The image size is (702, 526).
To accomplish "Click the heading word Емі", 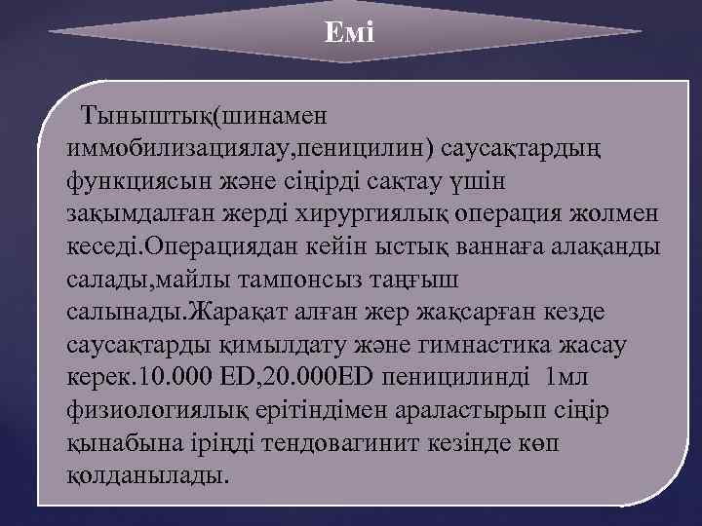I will point(349,31).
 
